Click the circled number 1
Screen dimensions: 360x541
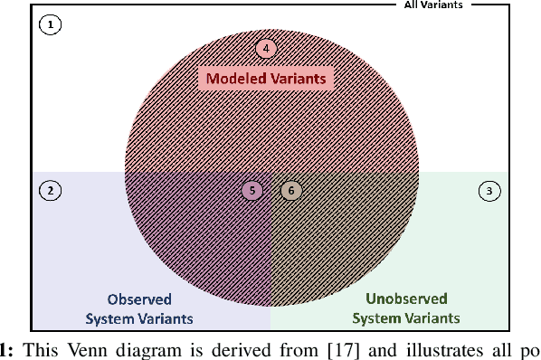point(51,25)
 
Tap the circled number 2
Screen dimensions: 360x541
point(51,190)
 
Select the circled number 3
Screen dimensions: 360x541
point(489,191)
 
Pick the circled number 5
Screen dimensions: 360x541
point(253,190)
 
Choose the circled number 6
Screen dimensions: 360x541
point(289,190)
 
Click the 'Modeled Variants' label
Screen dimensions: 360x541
point(266,79)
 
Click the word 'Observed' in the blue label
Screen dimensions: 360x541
point(139,299)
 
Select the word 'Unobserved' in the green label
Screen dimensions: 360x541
point(405,299)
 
